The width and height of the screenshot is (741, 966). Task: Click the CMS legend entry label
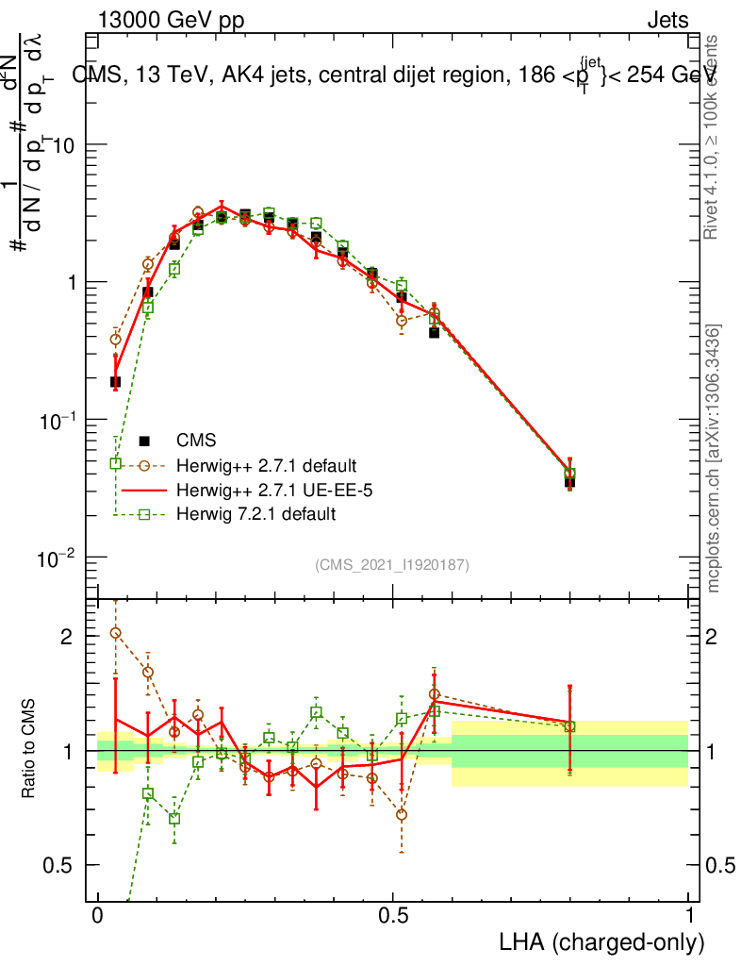point(196,440)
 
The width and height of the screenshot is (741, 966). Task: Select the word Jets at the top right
point(667,21)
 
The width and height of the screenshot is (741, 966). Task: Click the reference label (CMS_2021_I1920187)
point(392,564)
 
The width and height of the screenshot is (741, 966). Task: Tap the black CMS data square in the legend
point(144,440)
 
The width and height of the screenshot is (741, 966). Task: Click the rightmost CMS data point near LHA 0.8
point(569,481)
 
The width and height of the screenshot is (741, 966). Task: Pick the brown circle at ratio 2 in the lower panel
point(116,632)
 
